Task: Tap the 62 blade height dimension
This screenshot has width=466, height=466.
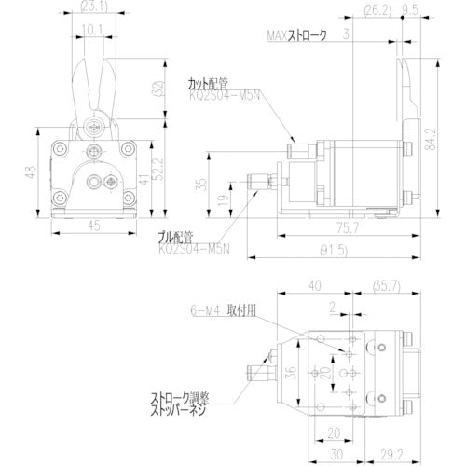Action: (151, 89)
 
